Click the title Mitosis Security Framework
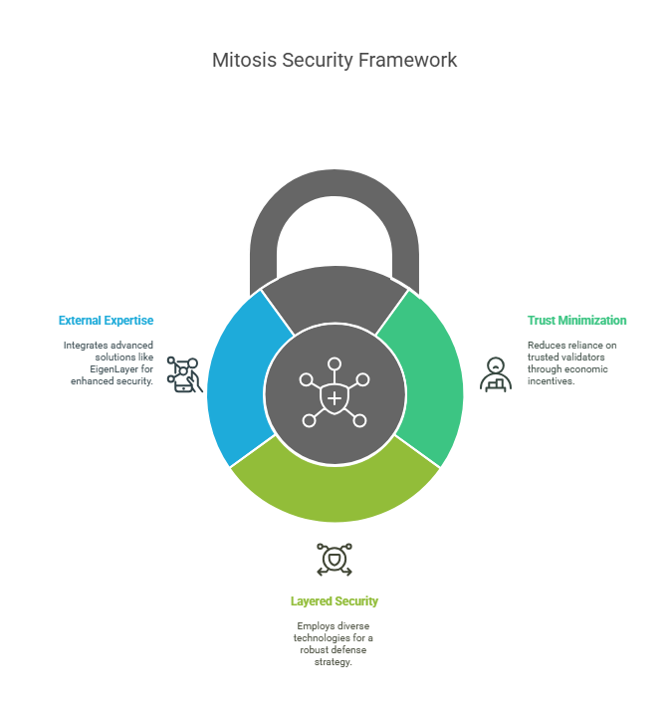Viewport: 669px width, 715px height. coord(334,60)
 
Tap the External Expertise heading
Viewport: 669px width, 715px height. coord(106,321)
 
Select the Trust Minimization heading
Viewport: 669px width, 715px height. coord(577,321)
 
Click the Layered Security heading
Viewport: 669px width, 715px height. coord(334,601)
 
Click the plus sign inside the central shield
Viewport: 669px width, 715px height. coord(334,398)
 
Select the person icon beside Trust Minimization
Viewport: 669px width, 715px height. coord(496,374)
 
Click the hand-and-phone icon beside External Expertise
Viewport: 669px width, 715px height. coord(184,374)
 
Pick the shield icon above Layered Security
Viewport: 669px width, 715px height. coord(334,560)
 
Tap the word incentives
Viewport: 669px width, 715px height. coord(551,380)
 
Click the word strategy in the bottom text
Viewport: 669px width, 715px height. coord(334,661)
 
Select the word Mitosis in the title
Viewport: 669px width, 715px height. coord(244,60)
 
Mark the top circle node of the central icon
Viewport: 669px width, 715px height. coord(334,363)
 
